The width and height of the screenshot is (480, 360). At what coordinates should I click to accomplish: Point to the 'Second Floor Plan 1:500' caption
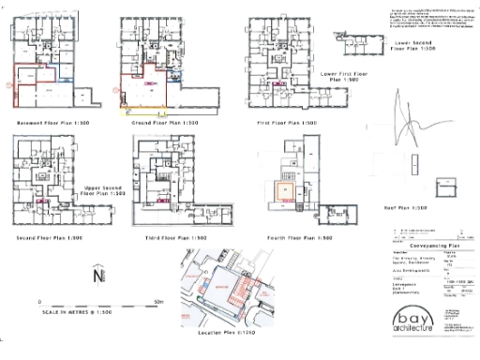[52, 239]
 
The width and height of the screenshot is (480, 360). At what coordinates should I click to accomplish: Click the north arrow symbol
[98, 278]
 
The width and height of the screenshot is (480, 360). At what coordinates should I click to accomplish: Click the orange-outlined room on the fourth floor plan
[283, 194]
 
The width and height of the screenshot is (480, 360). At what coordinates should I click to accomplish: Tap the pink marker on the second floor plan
[42, 201]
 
